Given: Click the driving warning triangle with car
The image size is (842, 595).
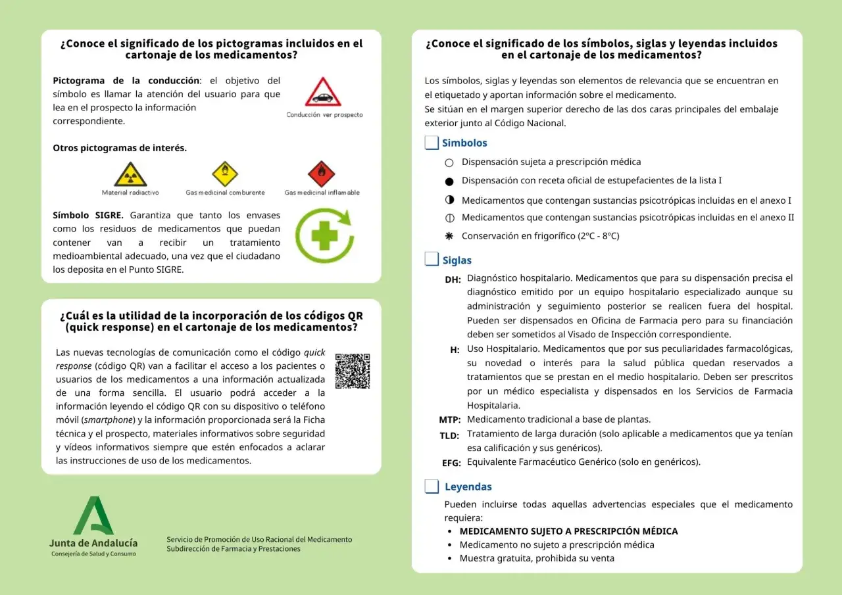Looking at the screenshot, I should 322,93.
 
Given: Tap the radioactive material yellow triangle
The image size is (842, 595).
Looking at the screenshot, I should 130,175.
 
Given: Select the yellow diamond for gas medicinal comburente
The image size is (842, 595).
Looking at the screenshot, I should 225,174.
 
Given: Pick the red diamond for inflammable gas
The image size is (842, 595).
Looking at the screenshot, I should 322,174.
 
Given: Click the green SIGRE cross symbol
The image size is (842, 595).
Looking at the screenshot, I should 323,235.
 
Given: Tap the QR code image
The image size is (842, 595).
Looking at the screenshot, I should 353,371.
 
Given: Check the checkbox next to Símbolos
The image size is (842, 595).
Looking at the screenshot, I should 432,143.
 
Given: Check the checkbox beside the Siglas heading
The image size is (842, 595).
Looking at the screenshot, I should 432,260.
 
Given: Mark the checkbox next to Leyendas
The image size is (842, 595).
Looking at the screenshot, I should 432,487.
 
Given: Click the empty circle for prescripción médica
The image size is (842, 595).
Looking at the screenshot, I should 449,162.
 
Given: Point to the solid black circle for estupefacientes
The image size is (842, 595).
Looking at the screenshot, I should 449,181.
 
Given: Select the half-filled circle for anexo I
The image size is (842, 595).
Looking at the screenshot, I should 449,200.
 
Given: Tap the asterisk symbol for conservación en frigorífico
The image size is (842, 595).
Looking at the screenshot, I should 449,235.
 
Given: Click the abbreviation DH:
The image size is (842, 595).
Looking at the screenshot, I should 453,279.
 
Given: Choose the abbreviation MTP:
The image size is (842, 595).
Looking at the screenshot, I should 450,419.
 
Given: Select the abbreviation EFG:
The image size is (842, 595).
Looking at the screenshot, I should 451,463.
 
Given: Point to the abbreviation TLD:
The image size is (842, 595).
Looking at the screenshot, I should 450,435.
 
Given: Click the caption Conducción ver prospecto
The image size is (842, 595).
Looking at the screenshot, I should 324,114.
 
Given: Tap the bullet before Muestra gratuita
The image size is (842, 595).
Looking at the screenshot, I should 449,559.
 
